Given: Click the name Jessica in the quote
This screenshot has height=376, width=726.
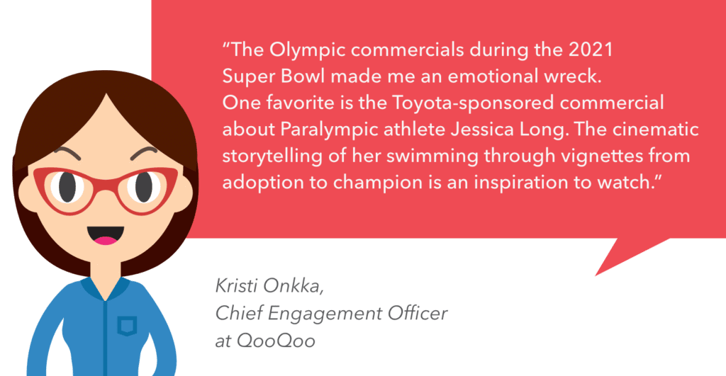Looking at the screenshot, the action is [x=482, y=129].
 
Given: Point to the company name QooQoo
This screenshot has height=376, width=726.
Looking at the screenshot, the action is [x=276, y=341].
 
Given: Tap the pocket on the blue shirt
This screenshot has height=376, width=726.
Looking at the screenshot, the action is [x=126, y=326].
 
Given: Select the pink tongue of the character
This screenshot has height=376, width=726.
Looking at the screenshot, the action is [x=106, y=241].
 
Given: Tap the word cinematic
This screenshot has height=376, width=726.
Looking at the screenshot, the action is [x=656, y=129].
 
